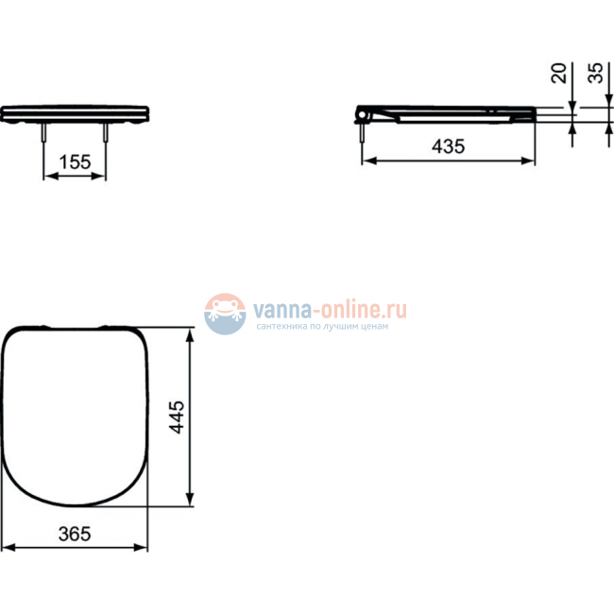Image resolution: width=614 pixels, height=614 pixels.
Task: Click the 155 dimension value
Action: tap(75, 162)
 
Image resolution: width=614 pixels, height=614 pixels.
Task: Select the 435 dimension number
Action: tap(448, 146)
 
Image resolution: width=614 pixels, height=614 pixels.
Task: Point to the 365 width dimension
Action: tap(74, 534)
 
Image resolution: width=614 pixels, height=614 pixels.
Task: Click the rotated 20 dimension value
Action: tap(559, 74)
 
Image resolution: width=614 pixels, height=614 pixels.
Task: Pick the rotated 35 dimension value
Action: tap(596, 74)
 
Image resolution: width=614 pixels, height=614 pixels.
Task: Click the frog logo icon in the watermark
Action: tap(225, 313)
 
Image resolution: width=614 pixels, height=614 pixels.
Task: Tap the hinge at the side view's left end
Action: tap(366, 114)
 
